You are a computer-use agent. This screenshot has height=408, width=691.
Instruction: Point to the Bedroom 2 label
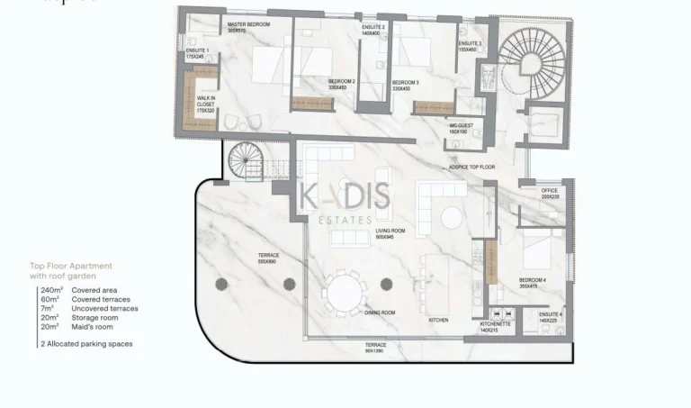pyautogui.click(x=342, y=85)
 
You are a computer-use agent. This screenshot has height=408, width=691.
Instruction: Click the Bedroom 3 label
pyautogui.click(x=406, y=85)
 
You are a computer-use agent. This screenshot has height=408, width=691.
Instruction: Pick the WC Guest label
pyautogui.click(x=461, y=129)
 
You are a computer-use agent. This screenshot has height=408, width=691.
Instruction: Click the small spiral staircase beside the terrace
pyautogui.click(x=245, y=163)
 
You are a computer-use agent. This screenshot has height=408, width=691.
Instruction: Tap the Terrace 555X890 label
pyautogui.click(x=268, y=258)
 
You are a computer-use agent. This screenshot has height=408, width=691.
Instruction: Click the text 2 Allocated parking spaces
pyautogui.click(x=86, y=344)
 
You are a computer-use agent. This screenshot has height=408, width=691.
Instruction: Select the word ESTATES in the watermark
pyautogui.click(x=345, y=218)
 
